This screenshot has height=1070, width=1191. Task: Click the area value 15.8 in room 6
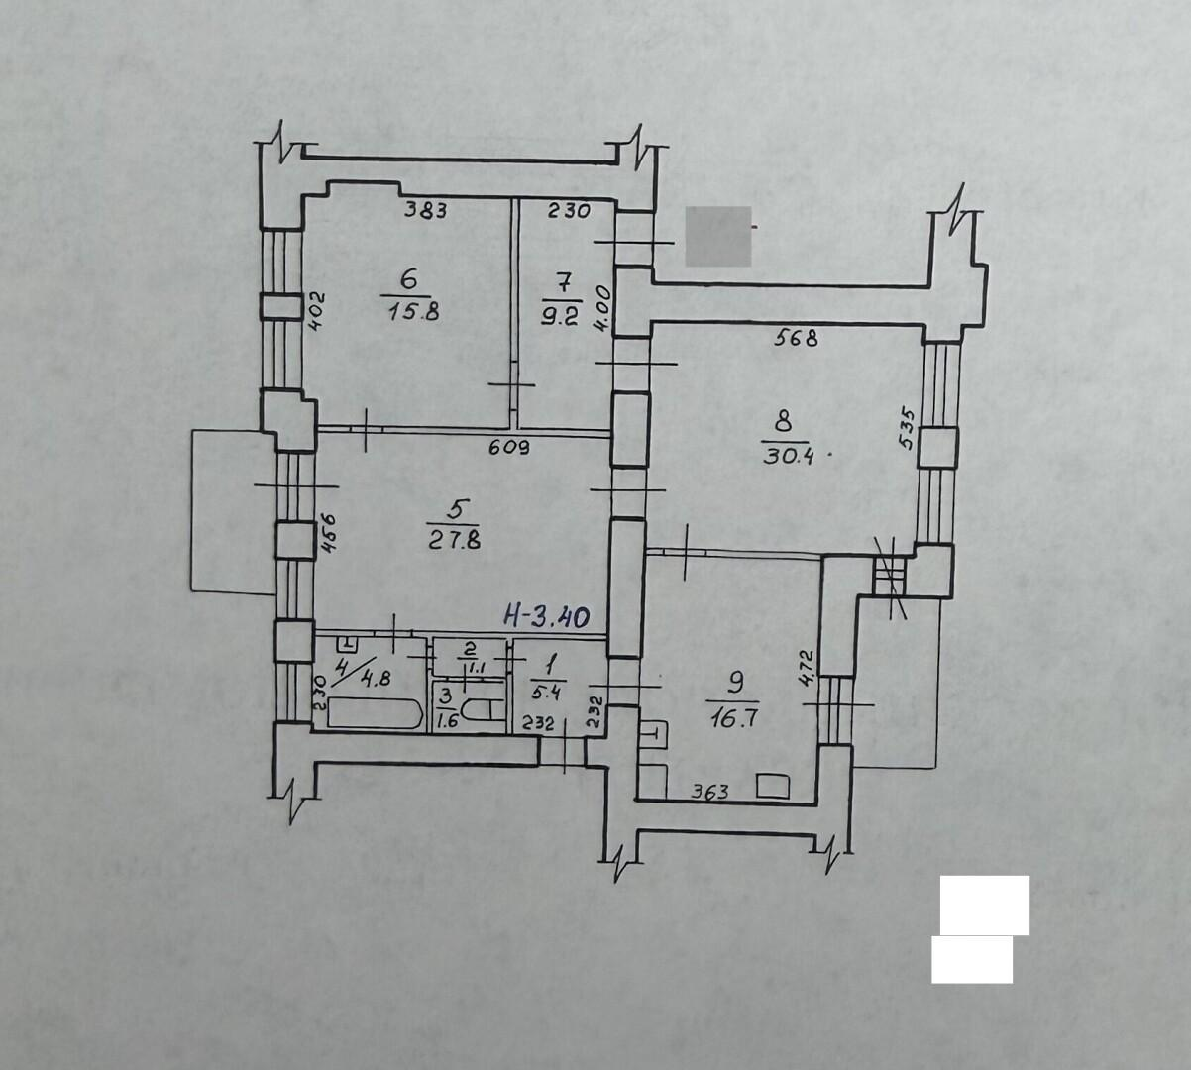pos(414,311)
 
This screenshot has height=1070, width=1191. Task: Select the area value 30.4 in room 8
pos(789,456)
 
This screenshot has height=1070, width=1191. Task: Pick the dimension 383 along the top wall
pos(426,210)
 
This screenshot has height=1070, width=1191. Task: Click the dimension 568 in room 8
pos(796,338)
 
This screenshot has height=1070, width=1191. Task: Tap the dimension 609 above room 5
pos(509,448)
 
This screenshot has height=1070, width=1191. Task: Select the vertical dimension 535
pos(907,429)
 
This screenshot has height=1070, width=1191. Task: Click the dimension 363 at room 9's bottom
pos(709,792)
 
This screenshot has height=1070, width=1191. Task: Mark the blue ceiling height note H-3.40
pos(547,617)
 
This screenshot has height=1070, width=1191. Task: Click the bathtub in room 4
pos(376,712)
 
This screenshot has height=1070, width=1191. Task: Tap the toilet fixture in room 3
pos(483,711)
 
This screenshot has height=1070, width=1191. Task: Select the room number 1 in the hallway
pos(550,666)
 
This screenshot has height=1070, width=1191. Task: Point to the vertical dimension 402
pos(316,311)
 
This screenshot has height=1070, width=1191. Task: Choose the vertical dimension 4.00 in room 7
pos(603,309)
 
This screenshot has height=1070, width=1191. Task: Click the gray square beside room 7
pos(718,236)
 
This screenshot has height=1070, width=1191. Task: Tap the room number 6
pos(408,279)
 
